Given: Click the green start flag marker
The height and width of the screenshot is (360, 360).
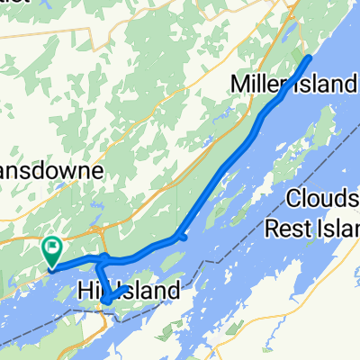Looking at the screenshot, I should click(52, 246).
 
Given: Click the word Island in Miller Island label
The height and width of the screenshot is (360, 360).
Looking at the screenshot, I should click(329, 85).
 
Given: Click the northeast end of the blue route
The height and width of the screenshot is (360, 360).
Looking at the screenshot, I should click(310, 58).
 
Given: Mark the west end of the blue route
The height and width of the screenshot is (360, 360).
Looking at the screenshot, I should click(52, 265).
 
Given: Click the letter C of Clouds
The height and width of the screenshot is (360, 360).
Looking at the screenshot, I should click(293, 198).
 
